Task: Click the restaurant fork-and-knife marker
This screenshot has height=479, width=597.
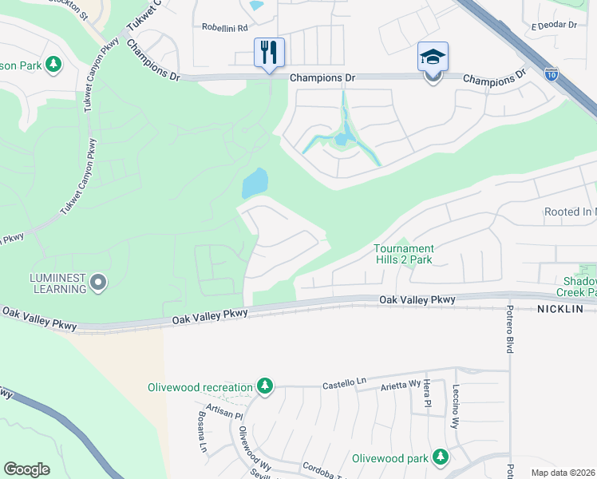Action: (x=269, y=53)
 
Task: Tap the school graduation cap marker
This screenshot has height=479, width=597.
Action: (x=433, y=57)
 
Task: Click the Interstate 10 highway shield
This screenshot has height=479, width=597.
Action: (x=552, y=73)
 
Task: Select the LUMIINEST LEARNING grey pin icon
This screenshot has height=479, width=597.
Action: (x=98, y=282)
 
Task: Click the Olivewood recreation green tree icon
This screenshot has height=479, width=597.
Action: (x=264, y=387)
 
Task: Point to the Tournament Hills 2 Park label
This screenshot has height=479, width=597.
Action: (x=404, y=254)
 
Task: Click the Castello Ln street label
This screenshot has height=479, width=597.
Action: (x=343, y=384)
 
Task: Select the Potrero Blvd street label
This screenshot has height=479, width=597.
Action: (x=508, y=330)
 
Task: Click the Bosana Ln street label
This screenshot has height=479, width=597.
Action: (x=203, y=433)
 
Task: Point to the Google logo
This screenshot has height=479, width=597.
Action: (x=26, y=469)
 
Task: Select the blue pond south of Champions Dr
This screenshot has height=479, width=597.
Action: (x=255, y=184)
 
